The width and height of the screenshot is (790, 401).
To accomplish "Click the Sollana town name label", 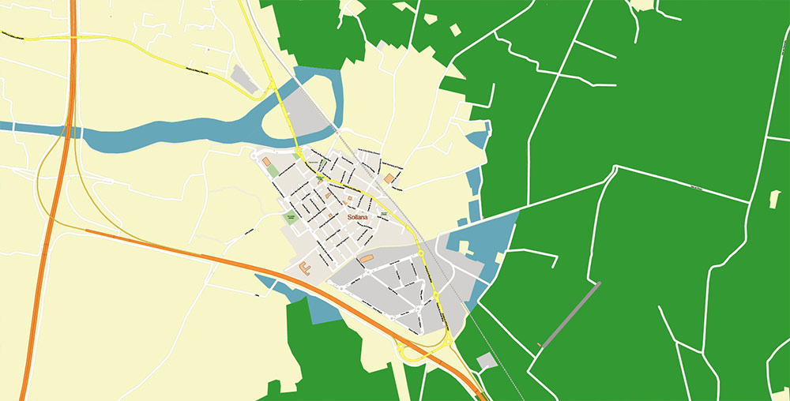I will coord(359,215).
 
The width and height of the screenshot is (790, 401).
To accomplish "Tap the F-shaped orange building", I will coord(305,269).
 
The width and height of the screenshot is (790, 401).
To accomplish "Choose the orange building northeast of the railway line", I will coord(389,178).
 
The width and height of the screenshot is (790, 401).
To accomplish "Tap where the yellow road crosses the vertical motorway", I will coord(73,36).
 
